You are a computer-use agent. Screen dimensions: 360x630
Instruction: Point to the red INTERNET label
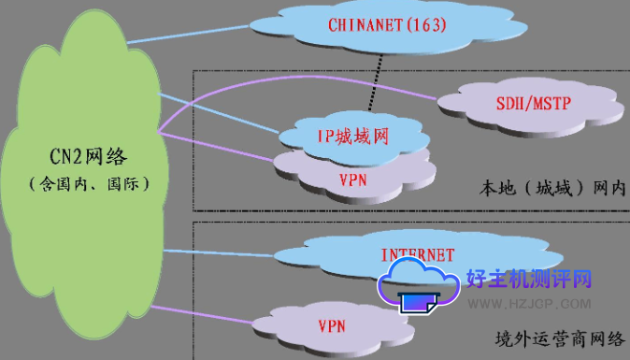[x=418, y=253]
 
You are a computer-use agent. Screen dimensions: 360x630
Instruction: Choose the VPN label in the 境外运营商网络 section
[x=333, y=326]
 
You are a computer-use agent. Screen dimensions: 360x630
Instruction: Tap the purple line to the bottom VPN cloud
[x=206, y=314]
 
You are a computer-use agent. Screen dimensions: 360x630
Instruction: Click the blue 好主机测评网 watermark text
[x=530, y=280]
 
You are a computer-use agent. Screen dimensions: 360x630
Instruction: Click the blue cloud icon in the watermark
[x=419, y=281]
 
